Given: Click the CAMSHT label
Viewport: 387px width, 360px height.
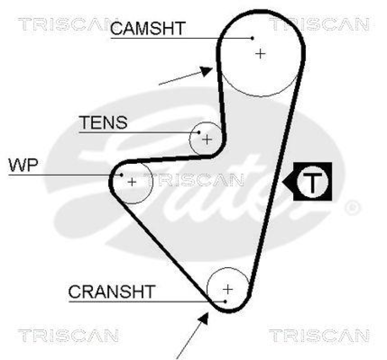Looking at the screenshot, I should point(147,29).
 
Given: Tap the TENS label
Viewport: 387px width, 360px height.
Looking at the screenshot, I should point(103,123).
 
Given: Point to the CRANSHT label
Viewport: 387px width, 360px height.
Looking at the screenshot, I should point(112,291).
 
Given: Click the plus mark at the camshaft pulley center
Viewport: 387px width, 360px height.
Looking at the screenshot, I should point(261,53).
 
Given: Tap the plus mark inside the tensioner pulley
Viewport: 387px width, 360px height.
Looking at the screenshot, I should point(207,140).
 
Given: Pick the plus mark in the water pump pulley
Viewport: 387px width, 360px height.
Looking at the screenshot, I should point(132,182).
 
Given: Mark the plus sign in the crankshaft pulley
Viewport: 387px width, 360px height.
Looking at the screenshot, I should point(228,289).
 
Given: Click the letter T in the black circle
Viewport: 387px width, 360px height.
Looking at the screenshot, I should point(312,182).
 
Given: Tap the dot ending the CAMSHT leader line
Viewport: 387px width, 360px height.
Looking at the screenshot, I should point(253,37).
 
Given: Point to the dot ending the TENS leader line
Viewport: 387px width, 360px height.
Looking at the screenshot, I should point(199,131).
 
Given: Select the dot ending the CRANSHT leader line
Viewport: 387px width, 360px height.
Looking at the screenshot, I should point(225,301).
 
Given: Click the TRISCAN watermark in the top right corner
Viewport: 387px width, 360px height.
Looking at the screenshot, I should point(319,24).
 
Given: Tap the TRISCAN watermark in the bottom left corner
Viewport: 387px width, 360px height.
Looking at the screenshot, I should point(68,334).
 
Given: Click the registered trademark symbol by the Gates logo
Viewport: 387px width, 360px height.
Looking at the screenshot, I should point(353,208).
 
